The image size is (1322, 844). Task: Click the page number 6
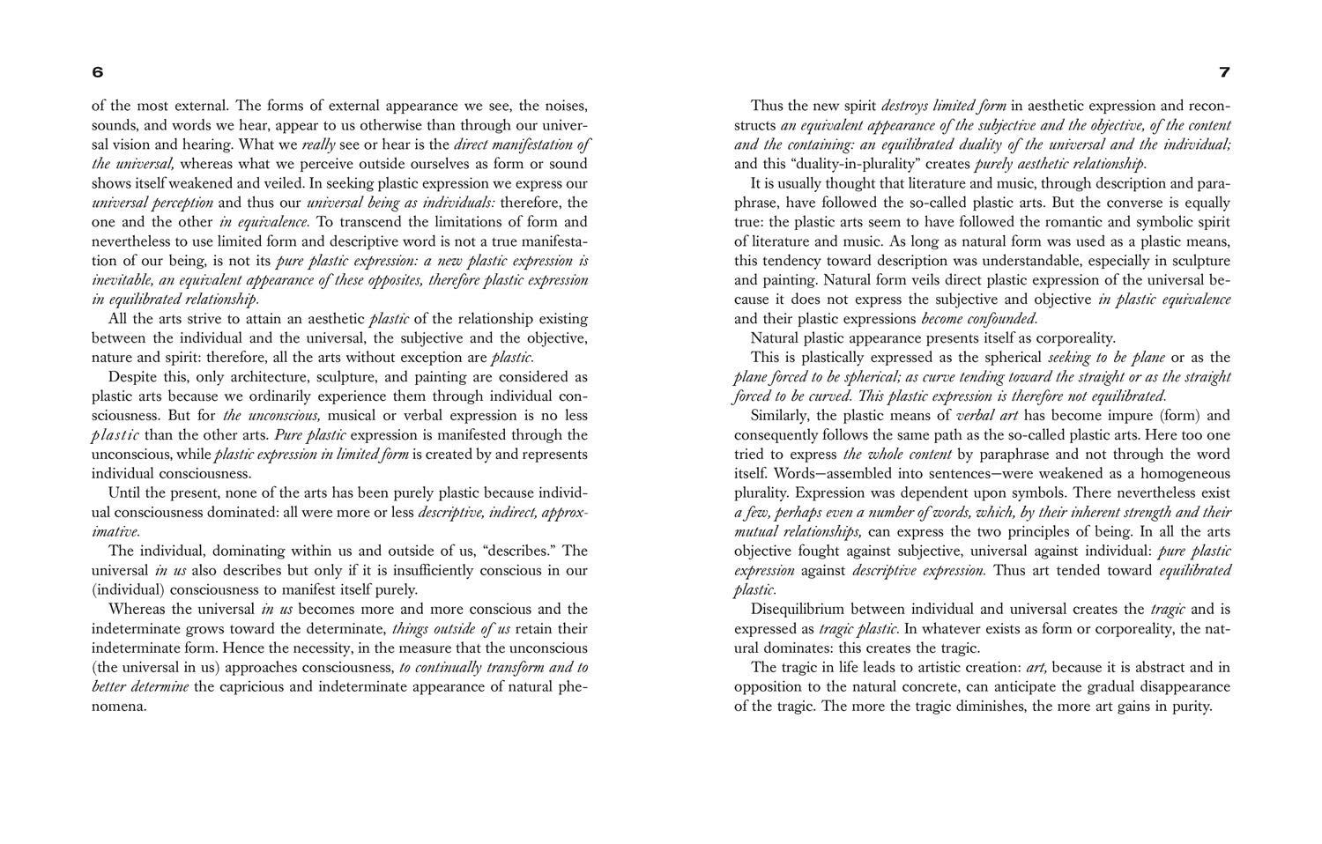(x=98, y=72)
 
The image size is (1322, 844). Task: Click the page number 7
(x=1224, y=72)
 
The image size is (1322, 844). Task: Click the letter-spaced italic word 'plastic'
(x=115, y=435)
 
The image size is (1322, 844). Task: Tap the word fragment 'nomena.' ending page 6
(x=118, y=707)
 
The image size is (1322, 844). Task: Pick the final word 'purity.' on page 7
(x=1192, y=707)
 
